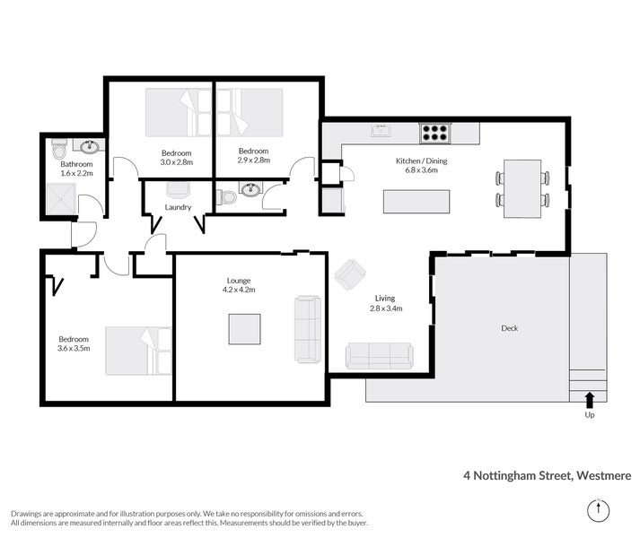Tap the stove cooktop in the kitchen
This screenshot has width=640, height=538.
pos(434,134)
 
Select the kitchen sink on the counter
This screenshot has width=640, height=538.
pos(381,133)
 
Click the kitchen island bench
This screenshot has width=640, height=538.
pos(411,201)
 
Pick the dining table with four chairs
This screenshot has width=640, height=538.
pos(522,188)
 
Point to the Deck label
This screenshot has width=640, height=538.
pos(509,328)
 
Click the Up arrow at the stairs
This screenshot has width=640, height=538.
pos(590,400)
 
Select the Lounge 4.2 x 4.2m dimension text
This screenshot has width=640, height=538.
pos(239,290)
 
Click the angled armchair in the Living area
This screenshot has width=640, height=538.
pos(350,273)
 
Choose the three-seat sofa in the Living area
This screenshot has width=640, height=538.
pos(379,356)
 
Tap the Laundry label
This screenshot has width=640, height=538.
pos(178,207)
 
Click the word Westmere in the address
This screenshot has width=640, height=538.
pos(604,475)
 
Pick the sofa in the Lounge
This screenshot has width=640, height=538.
pos(307,328)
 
